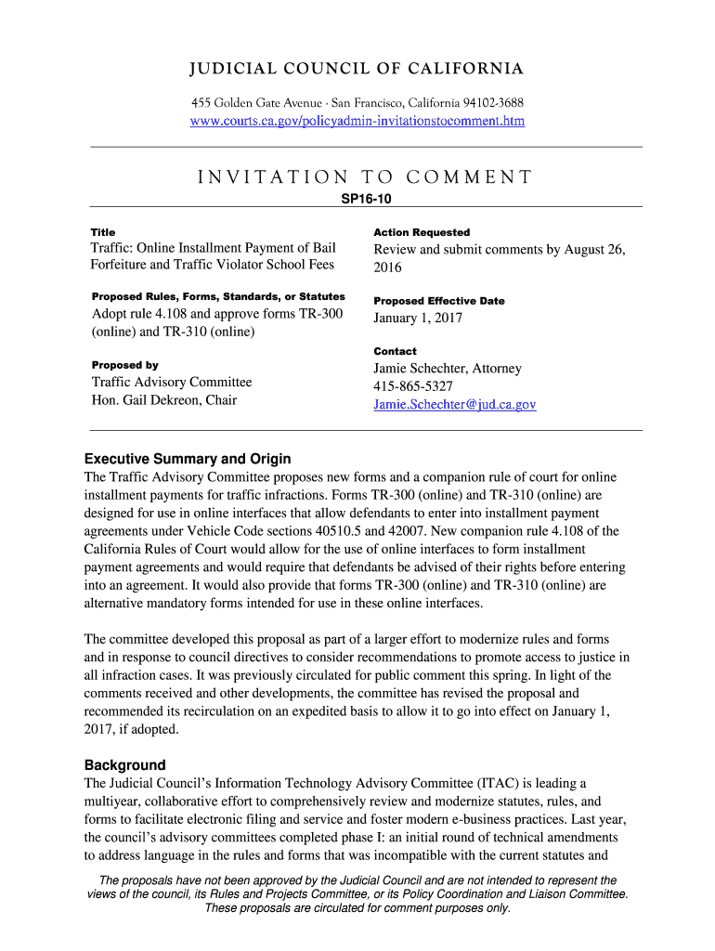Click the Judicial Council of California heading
click(x=357, y=70)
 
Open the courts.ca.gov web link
click(x=357, y=121)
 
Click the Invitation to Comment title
click(x=364, y=177)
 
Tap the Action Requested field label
click(x=422, y=232)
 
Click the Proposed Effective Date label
click(x=439, y=301)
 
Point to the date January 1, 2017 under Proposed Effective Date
click(x=417, y=318)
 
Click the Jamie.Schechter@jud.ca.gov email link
click(x=455, y=405)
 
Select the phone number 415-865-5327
click(x=413, y=386)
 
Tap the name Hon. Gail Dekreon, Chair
click(x=163, y=400)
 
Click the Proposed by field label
click(x=124, y=365)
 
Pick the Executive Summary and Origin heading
click(x=188, y=459)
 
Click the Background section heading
click(x=125, y=765)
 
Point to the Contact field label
click(x=395, y=351)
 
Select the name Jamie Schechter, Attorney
click(x=448, y=369)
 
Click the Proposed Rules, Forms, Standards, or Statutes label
click(x=218, y=296)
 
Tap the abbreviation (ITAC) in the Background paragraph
click(x=499, y=783)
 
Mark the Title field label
click(x=103, y=232)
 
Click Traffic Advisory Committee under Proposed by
click(x=171, y=382)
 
